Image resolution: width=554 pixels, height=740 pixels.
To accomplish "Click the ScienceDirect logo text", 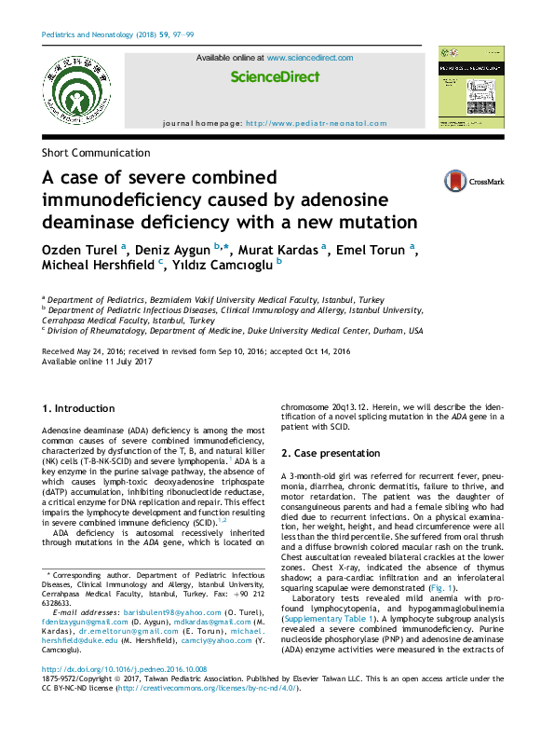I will point(275,77).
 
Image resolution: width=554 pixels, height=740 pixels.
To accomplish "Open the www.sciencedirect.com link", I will point(309,58).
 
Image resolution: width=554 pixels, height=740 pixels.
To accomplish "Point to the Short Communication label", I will point(96,153).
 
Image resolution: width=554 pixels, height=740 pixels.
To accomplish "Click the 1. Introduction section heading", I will point(79,408).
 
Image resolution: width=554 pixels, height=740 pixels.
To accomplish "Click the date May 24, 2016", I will point(102,350).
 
